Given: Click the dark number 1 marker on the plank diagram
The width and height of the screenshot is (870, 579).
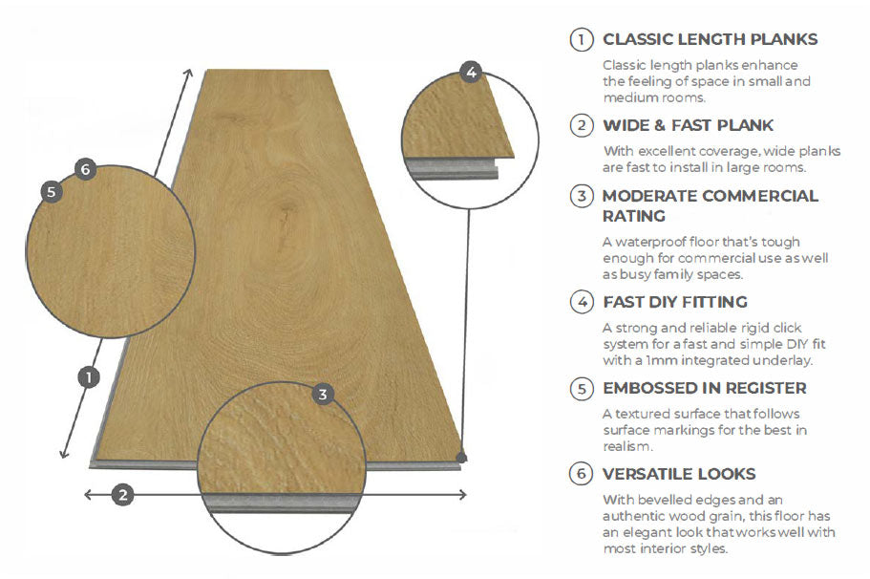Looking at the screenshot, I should pos(88,376).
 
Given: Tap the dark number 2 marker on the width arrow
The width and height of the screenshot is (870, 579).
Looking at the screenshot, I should pos(121,494).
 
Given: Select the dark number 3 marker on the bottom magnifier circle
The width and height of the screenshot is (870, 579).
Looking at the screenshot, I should pos(324,394).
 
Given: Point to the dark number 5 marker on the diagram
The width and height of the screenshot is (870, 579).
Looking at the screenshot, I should pos(52,191).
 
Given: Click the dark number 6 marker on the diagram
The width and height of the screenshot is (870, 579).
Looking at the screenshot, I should pos(85,170).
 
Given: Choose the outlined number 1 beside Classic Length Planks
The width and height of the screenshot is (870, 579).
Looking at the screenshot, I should pos(581,40).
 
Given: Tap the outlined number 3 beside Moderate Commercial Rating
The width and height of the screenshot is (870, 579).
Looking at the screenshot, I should pos(581,197).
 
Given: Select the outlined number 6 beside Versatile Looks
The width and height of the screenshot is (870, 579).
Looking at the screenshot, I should pos(581,474).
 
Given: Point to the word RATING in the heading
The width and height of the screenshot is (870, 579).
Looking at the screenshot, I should pos(634,216).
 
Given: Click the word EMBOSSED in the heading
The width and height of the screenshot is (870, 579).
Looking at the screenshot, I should pos(649,388).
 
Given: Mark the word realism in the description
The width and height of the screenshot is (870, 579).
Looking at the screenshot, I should pos(626,446).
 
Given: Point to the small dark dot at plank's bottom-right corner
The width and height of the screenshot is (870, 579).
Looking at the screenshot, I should pos(462,459).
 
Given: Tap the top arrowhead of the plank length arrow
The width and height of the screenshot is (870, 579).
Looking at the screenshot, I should pos(189,73).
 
